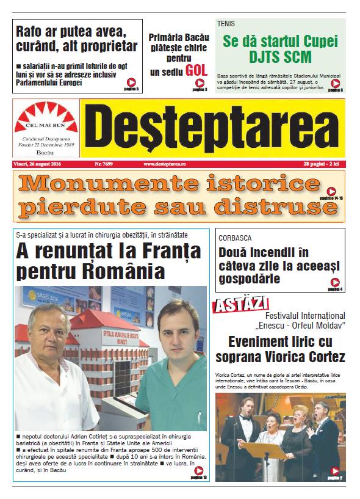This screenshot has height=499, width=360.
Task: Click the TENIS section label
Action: pos(226,24)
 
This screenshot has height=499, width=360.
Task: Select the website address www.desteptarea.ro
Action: pos(165,164)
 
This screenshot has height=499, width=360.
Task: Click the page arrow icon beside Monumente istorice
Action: pos(331,191)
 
